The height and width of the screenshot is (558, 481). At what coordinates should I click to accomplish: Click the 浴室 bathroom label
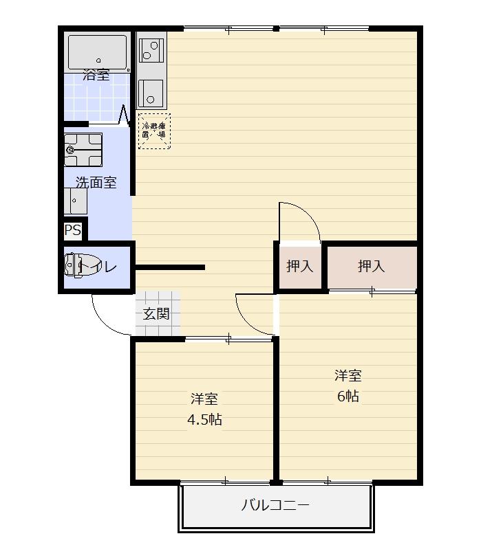click(x=96, y=75)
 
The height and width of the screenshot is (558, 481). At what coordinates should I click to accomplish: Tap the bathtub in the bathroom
click(x=97, y=51)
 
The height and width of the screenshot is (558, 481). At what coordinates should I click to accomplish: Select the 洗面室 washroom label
click(x=96, y=183)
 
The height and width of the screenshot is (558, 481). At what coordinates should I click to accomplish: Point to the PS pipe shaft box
click(x=72, y=230)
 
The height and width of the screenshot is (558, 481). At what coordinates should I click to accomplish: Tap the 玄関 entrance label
click(x=156, y=314)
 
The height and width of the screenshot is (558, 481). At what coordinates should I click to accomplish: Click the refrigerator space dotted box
click(x=154, y=131)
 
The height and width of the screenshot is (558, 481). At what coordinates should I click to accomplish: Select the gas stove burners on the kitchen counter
click(x=150, y=49)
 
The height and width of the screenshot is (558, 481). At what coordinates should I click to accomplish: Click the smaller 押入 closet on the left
click(x=299, y=267)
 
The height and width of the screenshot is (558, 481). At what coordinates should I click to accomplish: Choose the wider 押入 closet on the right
click(x=371, y=267)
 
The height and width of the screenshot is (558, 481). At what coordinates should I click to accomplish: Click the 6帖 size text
click(x=348, y=397)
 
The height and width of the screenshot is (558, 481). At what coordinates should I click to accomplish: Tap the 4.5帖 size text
click(x=204, y=419)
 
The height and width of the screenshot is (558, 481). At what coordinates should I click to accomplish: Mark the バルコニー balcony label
click(x=275, y=506)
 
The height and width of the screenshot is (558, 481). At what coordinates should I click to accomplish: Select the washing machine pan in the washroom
click(x=83, y=150)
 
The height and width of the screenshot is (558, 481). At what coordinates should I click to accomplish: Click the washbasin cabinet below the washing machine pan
click(x=76, y=201)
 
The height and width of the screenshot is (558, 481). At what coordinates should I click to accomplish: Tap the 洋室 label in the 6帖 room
click(x=348, y=376)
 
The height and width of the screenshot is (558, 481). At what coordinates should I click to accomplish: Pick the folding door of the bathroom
click(x=125, y=115)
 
